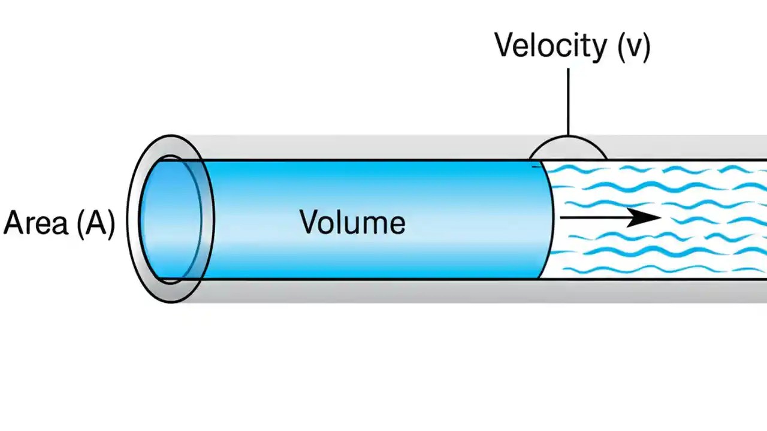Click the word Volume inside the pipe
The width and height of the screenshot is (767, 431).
[x=352, y=222]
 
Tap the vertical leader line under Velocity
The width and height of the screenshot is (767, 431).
[x=567, y=102]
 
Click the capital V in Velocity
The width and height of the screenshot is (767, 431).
[x=504, y=45]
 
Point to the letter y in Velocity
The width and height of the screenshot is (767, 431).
[x=597, y=49]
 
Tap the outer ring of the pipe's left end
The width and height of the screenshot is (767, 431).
[x=133, y=219]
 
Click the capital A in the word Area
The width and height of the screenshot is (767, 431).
[x=14, y=223]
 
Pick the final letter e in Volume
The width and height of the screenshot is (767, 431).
[x=397, y=224]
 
